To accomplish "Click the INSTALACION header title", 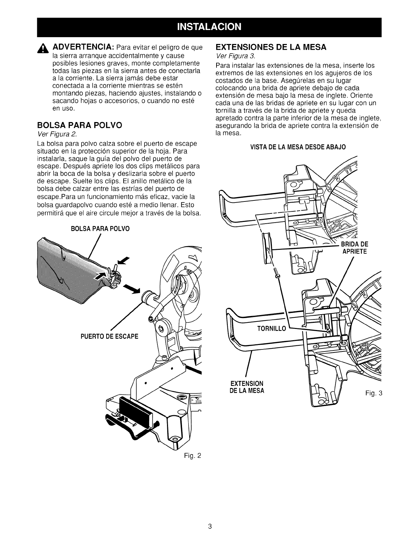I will [209, 27].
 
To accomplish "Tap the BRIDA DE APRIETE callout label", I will [353, 248].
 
